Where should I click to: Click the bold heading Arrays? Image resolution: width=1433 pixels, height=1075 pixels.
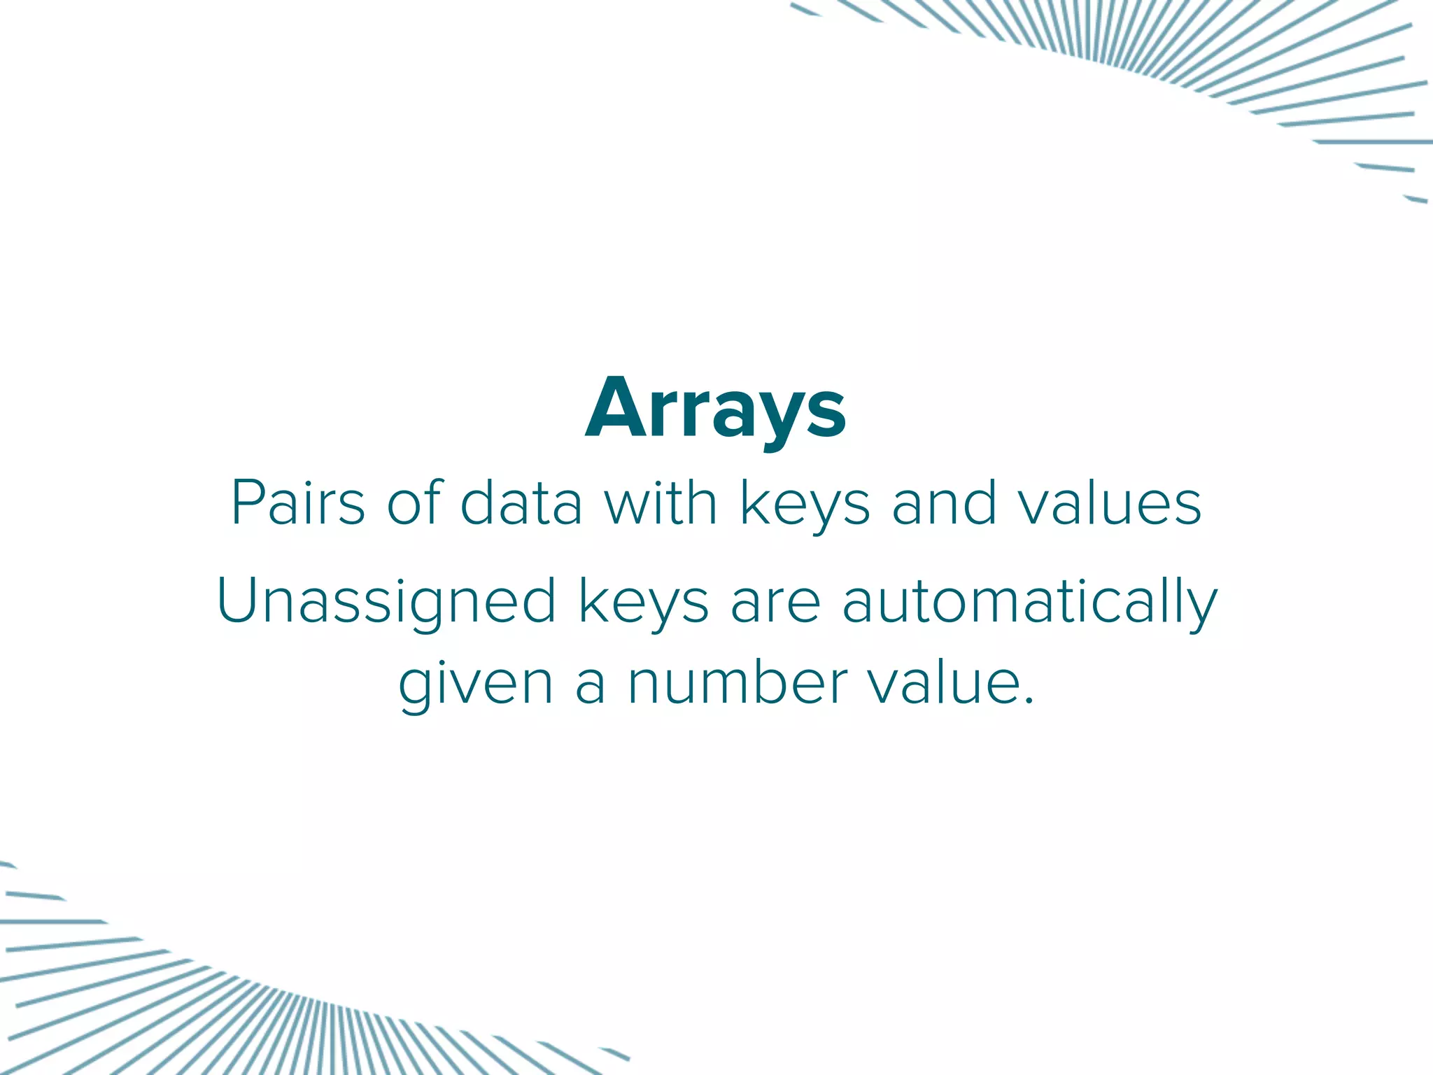click(x=716, y=409)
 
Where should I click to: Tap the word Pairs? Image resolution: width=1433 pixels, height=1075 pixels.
click(x=298, y=503)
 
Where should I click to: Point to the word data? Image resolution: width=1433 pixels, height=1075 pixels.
click(x=521, y=503)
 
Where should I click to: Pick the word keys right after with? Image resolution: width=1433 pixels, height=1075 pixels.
click(x=805, y=505)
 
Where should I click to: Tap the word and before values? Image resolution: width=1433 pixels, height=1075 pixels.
click(x=944, y=503)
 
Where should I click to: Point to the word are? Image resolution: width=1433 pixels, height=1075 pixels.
click(x=775, y=603)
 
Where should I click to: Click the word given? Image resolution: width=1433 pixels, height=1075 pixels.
click(x=476, y=686)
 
